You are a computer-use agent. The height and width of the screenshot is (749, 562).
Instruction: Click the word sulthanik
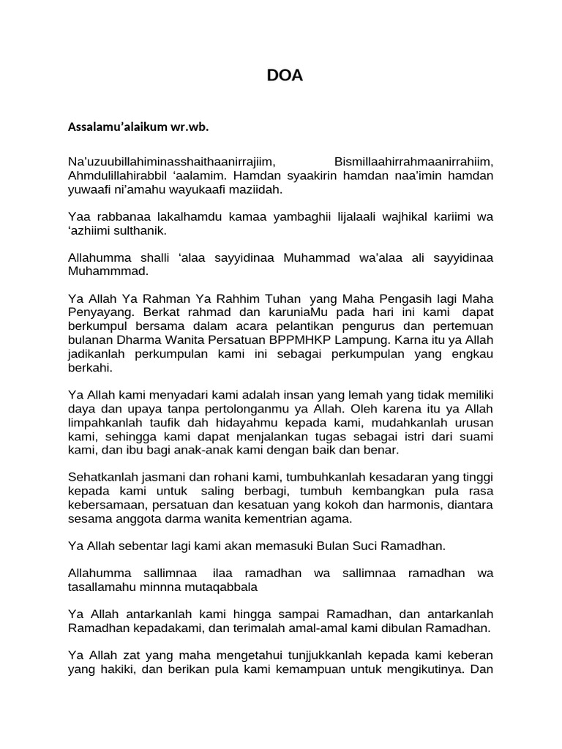click(142, 230)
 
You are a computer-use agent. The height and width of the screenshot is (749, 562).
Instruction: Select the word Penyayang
click(98, 313)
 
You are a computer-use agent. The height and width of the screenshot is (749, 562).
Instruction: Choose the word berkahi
click(88, 368)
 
